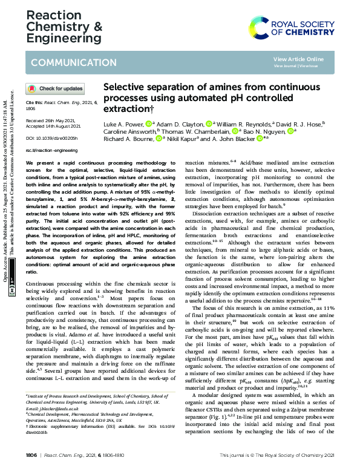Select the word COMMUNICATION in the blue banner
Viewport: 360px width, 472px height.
66,63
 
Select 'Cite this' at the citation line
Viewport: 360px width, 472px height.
34,103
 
